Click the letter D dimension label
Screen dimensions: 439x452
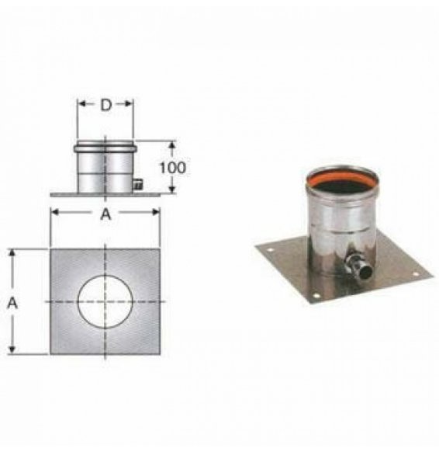tap(106, 105)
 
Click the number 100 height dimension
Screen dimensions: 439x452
tap(173, 168)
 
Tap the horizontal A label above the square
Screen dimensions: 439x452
tap(105, 214)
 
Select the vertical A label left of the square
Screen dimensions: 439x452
tap(12, 303)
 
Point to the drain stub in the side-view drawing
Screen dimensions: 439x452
tap(137, 184)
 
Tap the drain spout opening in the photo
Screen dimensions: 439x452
tap(366, 271)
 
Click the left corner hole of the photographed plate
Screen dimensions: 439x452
tap(271, 250)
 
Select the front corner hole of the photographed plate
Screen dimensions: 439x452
tap(316, 295)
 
